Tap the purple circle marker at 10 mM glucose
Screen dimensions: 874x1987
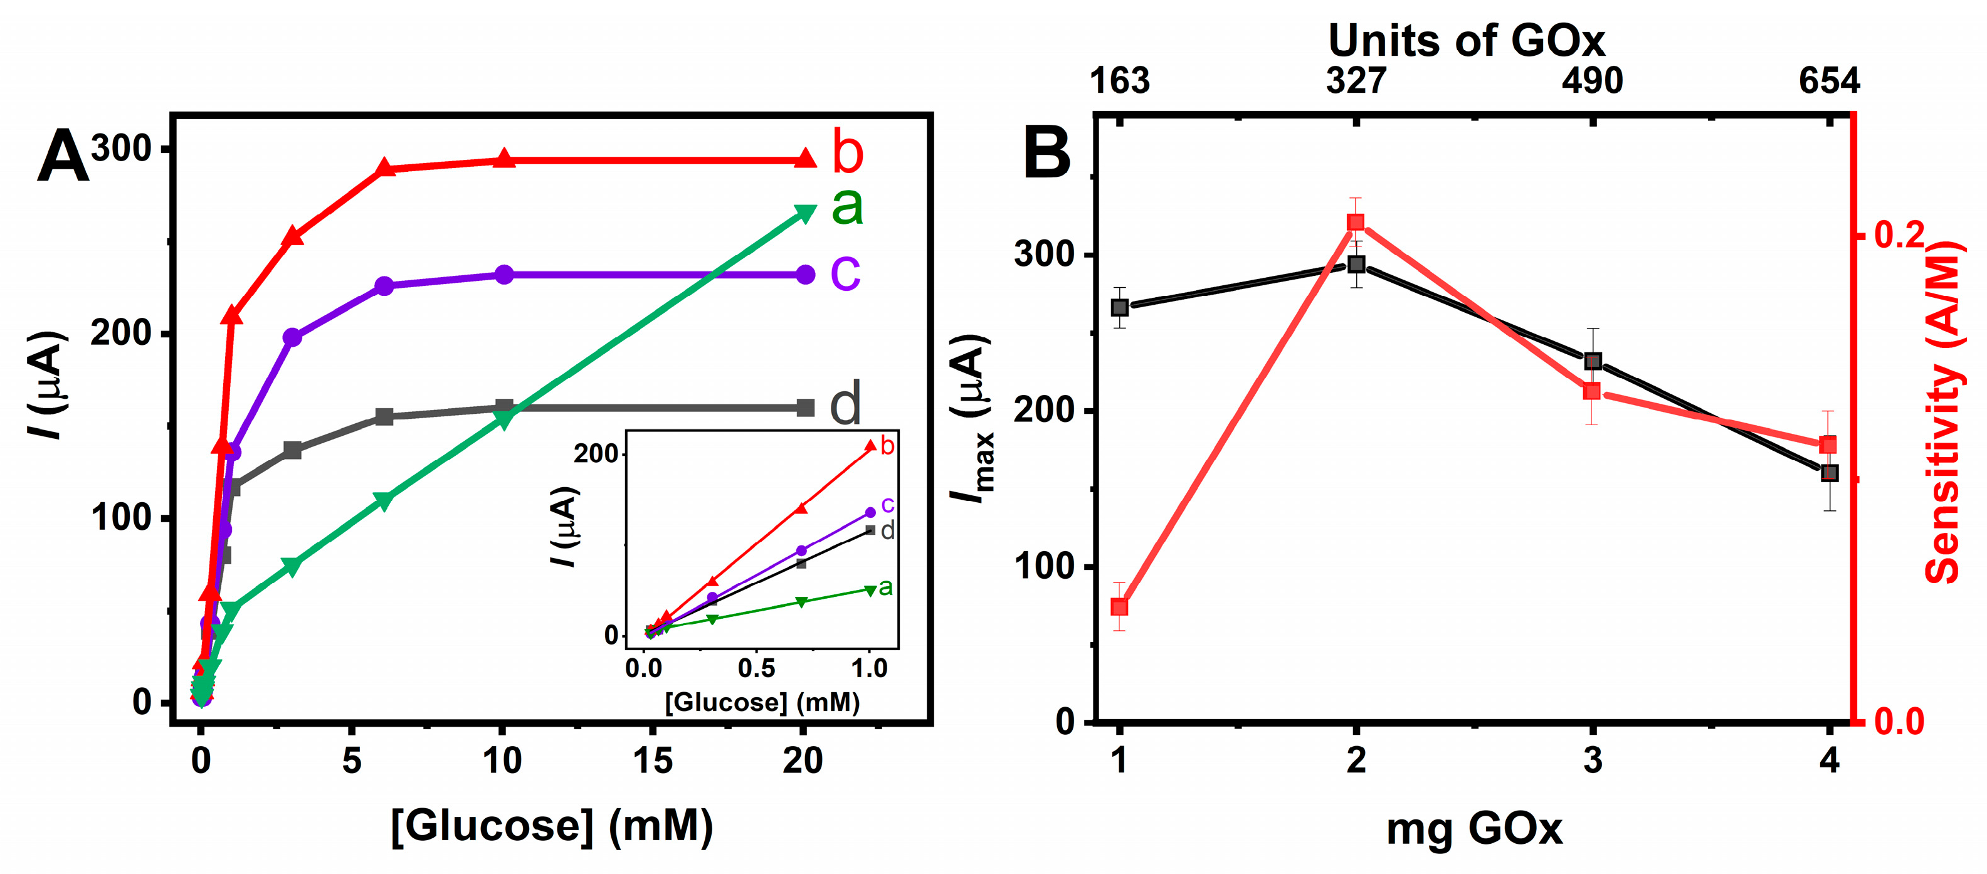pos(503,275)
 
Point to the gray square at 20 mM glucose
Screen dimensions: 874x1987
pos(804,408)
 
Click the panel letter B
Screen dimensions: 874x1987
pos(1046,154)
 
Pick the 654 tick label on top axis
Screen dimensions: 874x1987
pos(1829,81)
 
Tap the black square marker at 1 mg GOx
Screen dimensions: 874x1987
pos(1119,307)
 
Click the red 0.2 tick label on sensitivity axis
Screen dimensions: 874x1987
pos(1899,235)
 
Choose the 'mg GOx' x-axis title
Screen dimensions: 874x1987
pos(1473,830)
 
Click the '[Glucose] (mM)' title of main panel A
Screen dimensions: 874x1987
pos(552,827)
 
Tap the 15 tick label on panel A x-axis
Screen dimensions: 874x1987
pos(652,761)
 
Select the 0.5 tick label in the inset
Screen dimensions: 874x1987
pos(756,668)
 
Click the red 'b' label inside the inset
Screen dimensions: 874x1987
pos(887,446)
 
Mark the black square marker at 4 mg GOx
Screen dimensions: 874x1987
pos(1829,473)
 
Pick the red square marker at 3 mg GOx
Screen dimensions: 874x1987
pos(1591,391)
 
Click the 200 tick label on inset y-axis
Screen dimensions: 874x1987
pos(596,453)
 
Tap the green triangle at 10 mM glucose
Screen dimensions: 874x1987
pos(503,421)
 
